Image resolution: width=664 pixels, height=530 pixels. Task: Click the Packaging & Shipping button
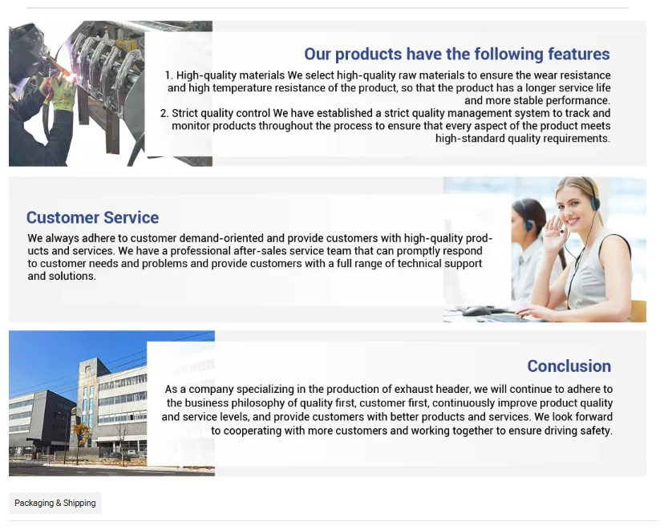[x=55, y=503]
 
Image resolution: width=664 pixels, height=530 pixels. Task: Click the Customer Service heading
[x=92, y=217]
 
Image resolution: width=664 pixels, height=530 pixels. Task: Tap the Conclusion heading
[x=569, y=366]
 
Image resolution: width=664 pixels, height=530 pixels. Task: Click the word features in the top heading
[x=579, y=55]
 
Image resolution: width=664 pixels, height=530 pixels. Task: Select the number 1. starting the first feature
[x=168, y=75]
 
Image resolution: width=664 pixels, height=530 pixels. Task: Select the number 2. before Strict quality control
[x=164, y=113]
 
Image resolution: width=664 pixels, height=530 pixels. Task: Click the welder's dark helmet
[x=26, y=40]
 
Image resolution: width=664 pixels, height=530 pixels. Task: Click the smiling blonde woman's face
[x=572, y=208]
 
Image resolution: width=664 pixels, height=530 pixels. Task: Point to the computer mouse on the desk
[x=477, y=311]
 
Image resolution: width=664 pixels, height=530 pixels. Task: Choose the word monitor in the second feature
[x=191, y=126]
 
